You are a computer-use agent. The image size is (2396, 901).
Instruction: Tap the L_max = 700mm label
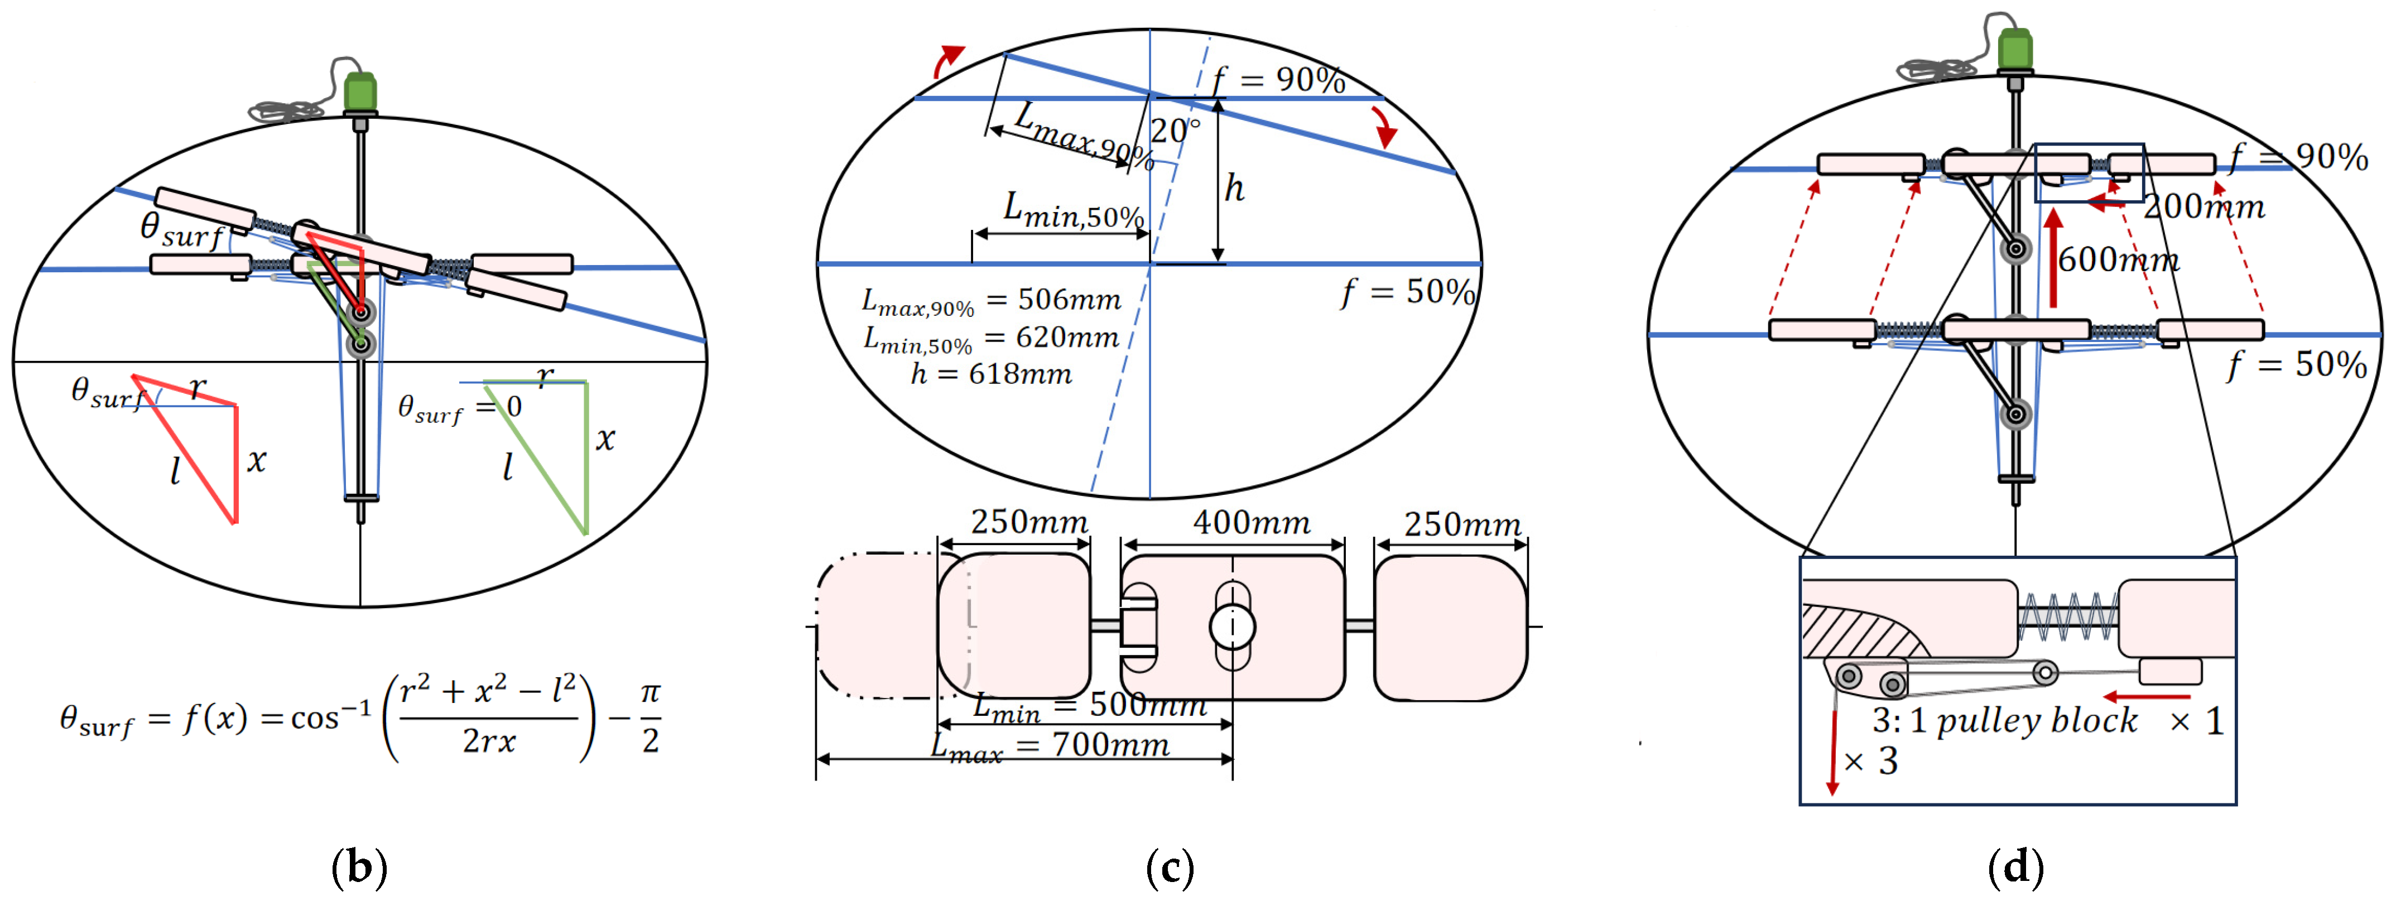[x=1051, y=746]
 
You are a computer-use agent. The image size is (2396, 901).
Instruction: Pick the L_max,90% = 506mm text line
[x=992, y=300]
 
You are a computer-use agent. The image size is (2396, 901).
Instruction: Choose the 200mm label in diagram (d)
[x=2205, y=206]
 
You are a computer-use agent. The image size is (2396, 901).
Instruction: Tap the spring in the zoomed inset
[x=2067, y=615]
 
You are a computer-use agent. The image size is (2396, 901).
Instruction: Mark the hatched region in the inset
[x=1856, y=632]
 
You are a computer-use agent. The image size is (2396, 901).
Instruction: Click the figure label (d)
[x=2015, y=868]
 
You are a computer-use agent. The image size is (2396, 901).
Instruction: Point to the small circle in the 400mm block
[x=1233, y=627]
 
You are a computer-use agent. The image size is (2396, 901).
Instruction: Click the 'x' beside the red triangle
[x=257, y=460]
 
